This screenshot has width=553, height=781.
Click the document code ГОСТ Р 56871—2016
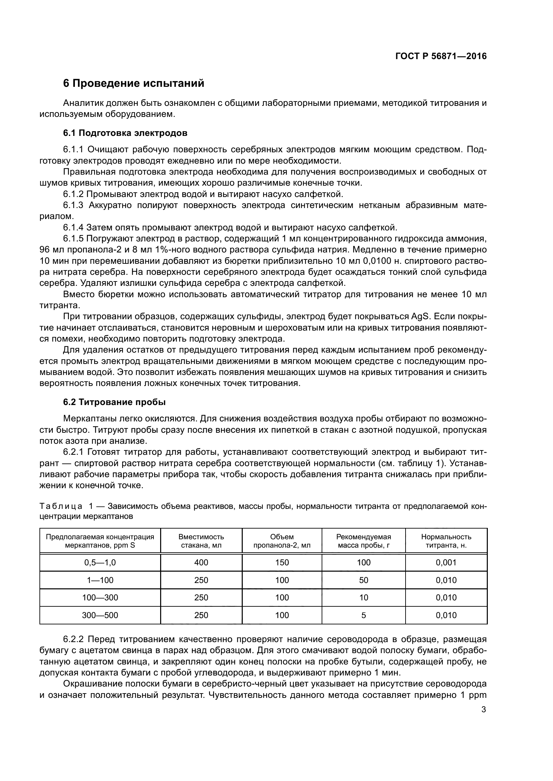[441, 56]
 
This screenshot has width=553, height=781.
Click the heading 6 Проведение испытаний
[133, 83]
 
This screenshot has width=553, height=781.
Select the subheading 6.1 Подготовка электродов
[125, 133]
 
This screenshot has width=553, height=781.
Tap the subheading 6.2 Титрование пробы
[114, 402]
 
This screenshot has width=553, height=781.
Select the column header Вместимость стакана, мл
[201, 541]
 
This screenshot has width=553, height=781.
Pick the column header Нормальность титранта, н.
[446, 541]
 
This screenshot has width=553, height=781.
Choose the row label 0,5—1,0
[100, 562]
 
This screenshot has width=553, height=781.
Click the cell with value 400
[201, 562]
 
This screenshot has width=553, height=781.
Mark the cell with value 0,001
[446, 562]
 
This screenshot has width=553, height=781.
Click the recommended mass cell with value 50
[363, 580]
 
